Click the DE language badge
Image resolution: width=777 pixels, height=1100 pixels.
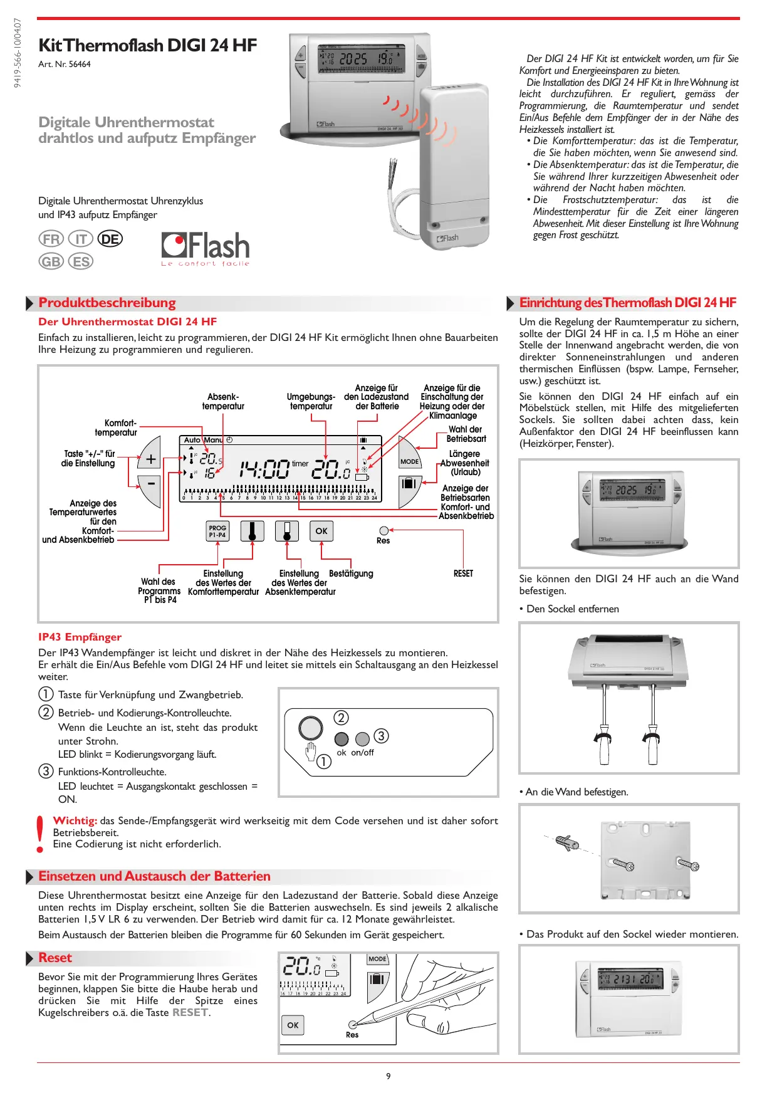(110, 239)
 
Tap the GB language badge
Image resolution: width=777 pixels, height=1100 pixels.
(51, 261)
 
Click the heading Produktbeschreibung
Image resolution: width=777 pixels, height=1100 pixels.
(107, 303)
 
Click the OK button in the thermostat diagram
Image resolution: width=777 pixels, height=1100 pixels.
(321, 531)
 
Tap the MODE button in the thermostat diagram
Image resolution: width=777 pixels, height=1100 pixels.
(409, 461)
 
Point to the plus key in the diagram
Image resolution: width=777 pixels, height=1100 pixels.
(151, 459)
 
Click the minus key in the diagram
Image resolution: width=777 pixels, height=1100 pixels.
(151, 483)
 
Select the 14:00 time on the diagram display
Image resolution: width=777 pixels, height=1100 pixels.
(264, 469)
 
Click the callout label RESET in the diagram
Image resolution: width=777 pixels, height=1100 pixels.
(463, 574)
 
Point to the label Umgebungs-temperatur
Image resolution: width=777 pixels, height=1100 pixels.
(311, 402)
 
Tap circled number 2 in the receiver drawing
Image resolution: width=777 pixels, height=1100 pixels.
(341, 718)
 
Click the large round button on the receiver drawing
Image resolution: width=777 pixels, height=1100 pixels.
(311, 728)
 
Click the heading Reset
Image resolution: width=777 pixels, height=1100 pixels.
(55, 958)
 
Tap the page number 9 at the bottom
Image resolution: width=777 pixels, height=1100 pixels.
(388, 1076)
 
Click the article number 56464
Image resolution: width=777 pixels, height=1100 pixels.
(80, 64)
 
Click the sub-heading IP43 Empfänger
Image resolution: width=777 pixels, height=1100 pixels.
(80, 637)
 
